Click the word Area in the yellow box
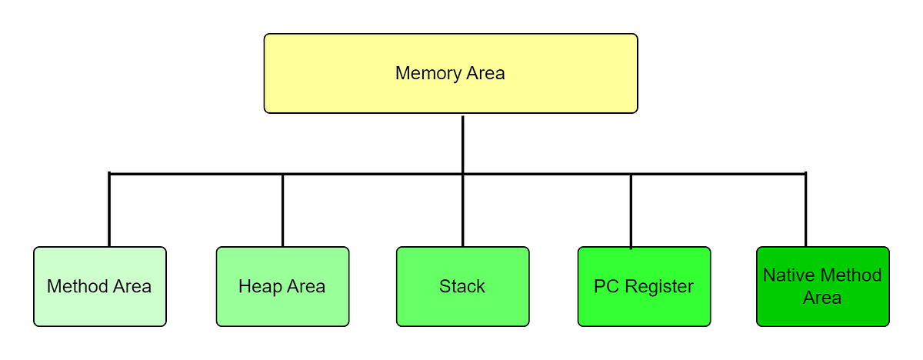click(x=486, y=74)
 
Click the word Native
click(x=788, y=275)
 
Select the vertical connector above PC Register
click(x=631, y=212)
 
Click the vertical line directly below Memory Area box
click(x=462, y=144)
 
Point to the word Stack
click(x=462, y=287)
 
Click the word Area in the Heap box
click(x=306, y=287)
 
